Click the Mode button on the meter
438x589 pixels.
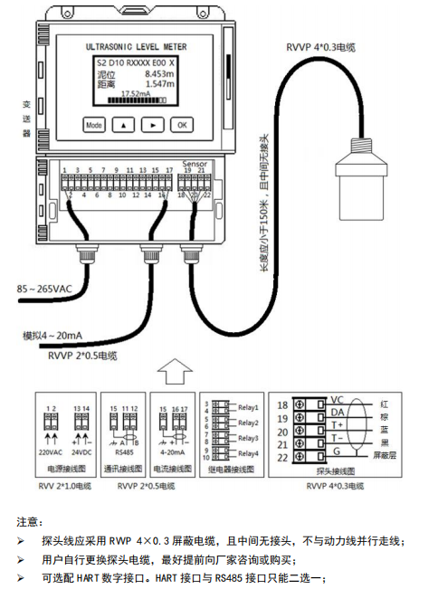[x=94, y=125]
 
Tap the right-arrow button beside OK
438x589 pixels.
[x=155, y=125]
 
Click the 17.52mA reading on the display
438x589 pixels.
[x=136, y=93]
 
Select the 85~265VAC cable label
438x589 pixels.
[x=44, y=289]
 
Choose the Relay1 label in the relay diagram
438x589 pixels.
[x=249, y=408]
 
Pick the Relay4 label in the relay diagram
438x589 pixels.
[x=249, y=452]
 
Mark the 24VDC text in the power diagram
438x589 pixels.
[x=82, y=451]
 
